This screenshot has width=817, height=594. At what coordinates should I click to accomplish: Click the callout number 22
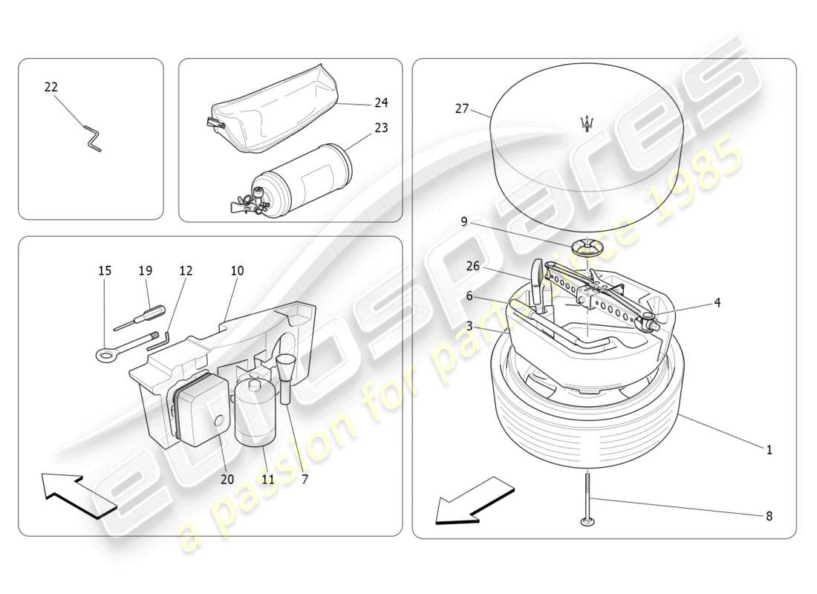click(51, 87)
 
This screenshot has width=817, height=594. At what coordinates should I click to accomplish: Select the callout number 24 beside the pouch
click(381, 102)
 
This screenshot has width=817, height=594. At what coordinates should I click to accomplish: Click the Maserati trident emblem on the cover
click(588, 123)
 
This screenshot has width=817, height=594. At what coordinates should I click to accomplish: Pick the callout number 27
click(462, 108)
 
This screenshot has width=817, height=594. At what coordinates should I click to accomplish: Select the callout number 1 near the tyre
click(769, 449)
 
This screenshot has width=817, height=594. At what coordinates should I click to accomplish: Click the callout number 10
click(237, 271)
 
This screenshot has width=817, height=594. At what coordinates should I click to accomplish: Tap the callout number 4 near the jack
click(717, 302)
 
